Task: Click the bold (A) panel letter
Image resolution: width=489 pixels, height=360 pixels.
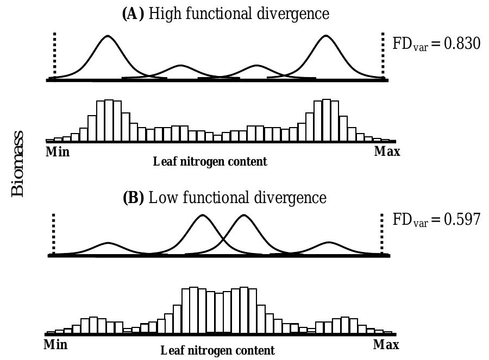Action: [x=132, y=14]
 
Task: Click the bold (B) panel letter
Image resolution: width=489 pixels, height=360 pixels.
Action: [x=134, y=198]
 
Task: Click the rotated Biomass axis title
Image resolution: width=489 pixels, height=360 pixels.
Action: [x=17, y=163]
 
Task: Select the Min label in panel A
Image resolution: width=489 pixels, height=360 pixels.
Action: [x=58, y=151]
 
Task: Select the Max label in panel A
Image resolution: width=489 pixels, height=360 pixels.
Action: [x=387, y=151]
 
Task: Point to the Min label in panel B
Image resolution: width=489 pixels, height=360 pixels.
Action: [x=57, y=344]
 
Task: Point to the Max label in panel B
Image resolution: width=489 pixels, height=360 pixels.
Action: [x=386, y=344]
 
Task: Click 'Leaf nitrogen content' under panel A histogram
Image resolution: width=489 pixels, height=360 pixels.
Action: [x=210, y=162]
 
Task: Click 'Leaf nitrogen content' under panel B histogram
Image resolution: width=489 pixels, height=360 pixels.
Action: [x=217, y=350]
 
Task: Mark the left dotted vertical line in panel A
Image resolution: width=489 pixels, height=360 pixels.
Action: [x=55, y=54]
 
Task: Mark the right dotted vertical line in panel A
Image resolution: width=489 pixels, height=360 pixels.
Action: [x=384, y=54]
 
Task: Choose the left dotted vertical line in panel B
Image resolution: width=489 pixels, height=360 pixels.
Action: [x=54, y=233]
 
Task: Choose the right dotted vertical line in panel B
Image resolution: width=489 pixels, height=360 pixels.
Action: [x=382, y=233]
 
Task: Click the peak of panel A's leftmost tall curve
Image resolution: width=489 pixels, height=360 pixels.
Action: [x=108, y=36]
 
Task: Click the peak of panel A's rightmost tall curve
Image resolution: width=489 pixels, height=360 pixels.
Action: [x=325, y=36]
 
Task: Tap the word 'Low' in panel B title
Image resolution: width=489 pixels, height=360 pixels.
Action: [x=161, y=198]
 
